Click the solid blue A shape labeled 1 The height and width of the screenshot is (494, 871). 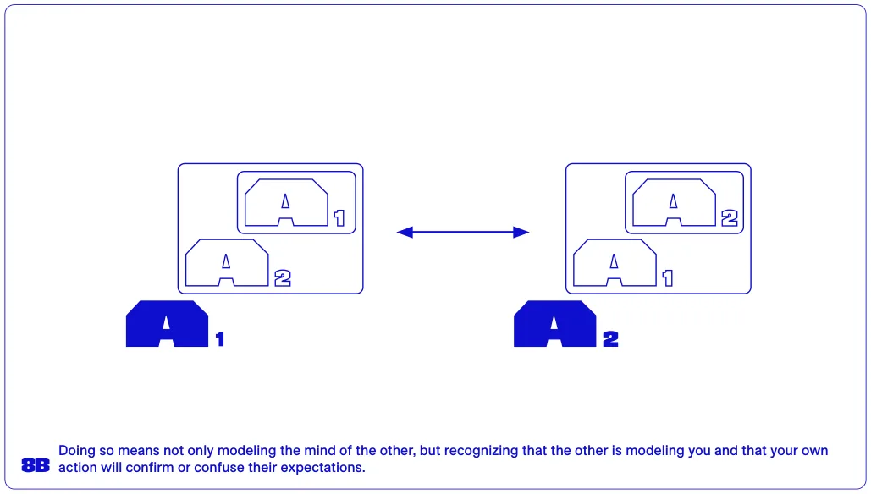point(168,324)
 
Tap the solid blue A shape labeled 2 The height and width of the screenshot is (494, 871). point(555,324)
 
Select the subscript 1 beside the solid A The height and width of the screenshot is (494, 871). point(220,339)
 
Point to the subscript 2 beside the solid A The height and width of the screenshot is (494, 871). point(610,339)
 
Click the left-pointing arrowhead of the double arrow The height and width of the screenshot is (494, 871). point(405,232)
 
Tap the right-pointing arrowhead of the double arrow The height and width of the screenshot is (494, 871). point(521,232)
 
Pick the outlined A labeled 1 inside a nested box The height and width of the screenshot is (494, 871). point(286,203)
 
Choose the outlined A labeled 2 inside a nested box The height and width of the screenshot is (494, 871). point(674,203)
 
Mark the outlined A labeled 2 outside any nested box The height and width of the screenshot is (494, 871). point(227,263)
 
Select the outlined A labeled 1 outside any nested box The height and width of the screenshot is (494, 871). point(615,263)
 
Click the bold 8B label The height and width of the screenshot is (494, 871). point(36,465)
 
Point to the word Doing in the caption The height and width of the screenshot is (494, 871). point(77,451)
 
